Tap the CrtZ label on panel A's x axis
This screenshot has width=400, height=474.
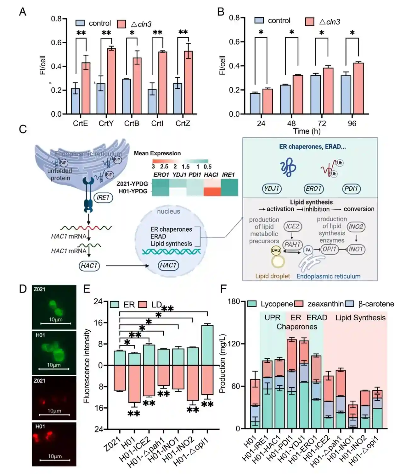183,123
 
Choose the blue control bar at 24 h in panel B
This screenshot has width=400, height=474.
255,103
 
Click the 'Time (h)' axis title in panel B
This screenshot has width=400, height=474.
307,131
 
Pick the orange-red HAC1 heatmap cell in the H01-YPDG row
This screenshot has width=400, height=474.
212,191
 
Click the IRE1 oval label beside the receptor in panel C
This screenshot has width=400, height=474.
103,197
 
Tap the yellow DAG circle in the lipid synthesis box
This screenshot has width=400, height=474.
276,250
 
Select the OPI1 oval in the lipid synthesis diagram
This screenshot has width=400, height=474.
329,249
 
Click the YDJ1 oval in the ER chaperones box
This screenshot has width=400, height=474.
272,189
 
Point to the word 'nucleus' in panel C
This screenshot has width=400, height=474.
169,211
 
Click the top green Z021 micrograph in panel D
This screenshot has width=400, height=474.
54,307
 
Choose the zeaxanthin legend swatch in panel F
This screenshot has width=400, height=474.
298,304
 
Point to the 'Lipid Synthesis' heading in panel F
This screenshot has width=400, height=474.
360,317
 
